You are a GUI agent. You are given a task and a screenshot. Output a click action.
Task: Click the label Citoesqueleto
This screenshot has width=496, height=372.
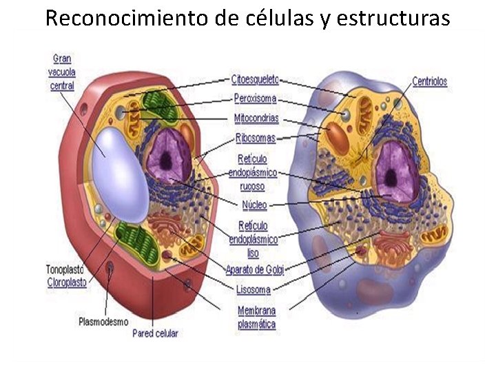click(255, 80)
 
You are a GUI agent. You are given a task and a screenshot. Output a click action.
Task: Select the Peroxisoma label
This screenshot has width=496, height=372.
click(255, 99)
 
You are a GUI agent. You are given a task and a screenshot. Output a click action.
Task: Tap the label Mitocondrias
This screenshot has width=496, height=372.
click(256, 118)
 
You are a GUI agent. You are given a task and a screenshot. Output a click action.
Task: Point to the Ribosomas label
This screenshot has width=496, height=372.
click(256, 138)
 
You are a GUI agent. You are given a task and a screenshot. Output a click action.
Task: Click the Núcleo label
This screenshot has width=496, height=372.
click(254, 205)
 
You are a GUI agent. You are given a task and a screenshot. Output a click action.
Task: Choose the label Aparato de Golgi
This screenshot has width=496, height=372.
click(255, 268)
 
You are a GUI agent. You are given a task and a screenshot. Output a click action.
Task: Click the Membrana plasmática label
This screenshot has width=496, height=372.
click(256, 317)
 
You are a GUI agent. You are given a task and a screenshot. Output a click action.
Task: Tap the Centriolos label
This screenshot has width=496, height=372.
click(429, 81)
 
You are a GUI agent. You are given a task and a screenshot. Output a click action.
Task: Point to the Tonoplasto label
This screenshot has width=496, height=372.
click(65, 269)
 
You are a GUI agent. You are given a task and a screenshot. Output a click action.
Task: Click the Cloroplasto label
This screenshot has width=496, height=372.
click(67, 282)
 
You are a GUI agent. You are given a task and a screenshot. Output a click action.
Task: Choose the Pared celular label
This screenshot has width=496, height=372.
click(155, 333)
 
